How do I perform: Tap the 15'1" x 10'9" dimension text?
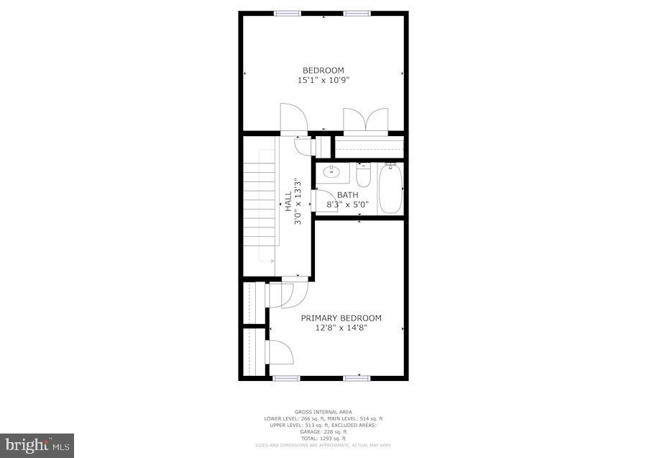(x=323, y=81)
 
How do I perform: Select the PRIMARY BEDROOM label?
(x=341, y=318)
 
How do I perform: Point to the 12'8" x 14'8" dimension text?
(x=341, y=328)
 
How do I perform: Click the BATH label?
(x=347, y=195)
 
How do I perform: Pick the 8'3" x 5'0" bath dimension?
(x=347, y=205)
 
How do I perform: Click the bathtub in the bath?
(x=390, y=189)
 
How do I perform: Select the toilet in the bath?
(x=362, y=175)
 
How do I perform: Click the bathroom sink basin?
(x=333, y=172)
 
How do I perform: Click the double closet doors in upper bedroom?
(x=366, y=120)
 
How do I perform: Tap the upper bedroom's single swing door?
(x=293, y=118)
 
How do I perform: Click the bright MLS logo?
(x=37, y=445)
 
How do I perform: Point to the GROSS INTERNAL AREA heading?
(x=322, y=412)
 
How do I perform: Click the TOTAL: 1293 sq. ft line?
(x=322, y=439)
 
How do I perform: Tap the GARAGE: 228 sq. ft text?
(x=322, y=432)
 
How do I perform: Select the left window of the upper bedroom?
(x=288, y=13)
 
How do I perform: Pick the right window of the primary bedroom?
(x=357, y=377)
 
